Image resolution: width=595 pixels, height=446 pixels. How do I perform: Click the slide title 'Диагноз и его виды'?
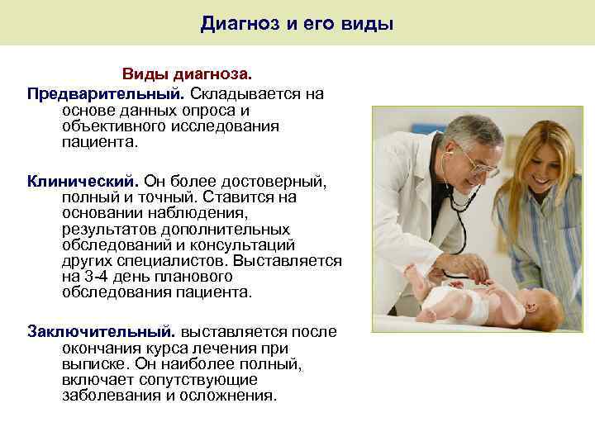pyautogui.click(x=297, y=24)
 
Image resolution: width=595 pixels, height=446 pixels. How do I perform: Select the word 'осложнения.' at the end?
pyautogui.click(x=231, y=395)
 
